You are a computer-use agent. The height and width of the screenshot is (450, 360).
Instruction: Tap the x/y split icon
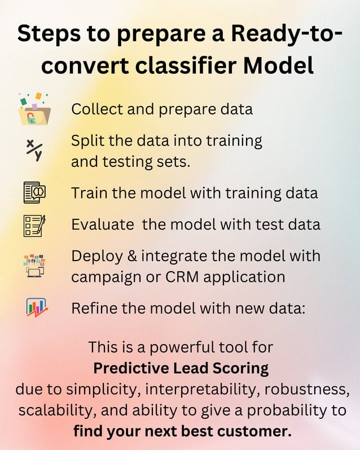34,150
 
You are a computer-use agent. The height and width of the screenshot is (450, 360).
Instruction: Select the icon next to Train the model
34,192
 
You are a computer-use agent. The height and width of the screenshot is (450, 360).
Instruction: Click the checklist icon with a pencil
34,224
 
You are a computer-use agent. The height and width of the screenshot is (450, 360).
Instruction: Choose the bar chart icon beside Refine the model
36,308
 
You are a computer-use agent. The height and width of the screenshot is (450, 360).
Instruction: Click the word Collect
95,109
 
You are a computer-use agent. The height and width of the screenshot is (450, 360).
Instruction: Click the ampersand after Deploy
131,256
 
